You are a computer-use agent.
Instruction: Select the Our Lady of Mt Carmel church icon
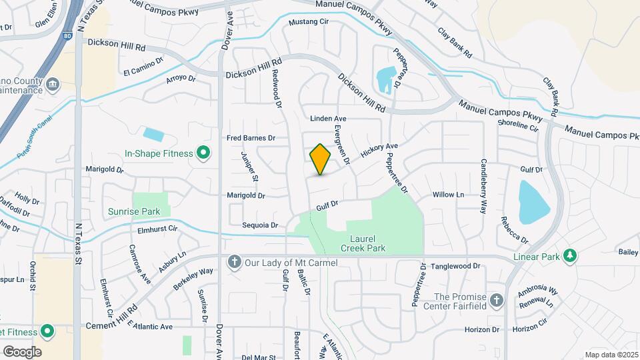coord(234,262)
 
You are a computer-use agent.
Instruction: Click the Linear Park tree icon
coord(569,256)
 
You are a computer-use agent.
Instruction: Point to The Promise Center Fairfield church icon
coord(496,301)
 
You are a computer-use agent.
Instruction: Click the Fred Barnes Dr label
coord(251,138)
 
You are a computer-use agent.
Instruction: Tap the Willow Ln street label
coord(448,195)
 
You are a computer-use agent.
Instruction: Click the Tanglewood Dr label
coord(455,266)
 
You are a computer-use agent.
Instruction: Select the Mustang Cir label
coord(309,22)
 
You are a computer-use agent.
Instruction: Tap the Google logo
coord(22,351)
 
